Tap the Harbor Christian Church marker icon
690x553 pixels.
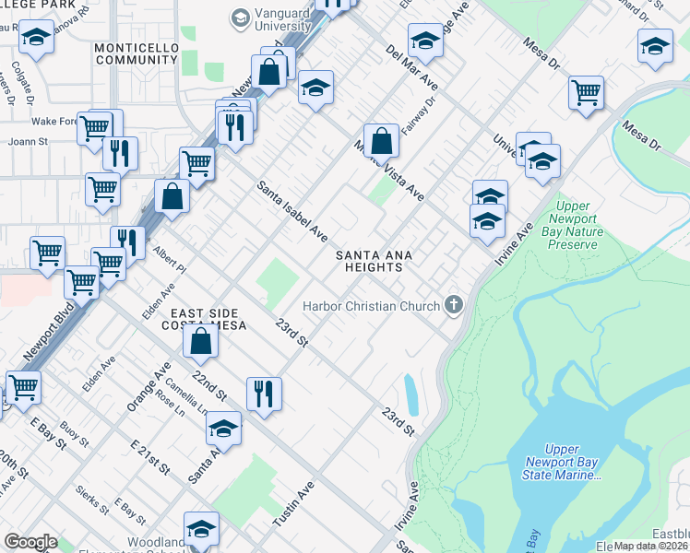point(453,305)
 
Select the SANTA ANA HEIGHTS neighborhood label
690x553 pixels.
point(369,261)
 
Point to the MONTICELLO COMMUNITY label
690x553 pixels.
point(136,53)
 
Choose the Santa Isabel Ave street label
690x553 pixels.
point(291,207)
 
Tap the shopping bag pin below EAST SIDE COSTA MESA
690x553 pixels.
point(200,342)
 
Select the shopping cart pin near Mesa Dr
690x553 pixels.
point(587,94)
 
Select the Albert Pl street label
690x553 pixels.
point(169,259)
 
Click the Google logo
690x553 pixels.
point(30,542)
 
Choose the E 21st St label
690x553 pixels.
point(150,457)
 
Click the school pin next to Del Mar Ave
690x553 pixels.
point(425,41)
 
